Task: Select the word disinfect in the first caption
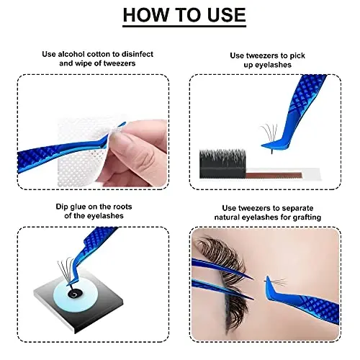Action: (x=134, y=54)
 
